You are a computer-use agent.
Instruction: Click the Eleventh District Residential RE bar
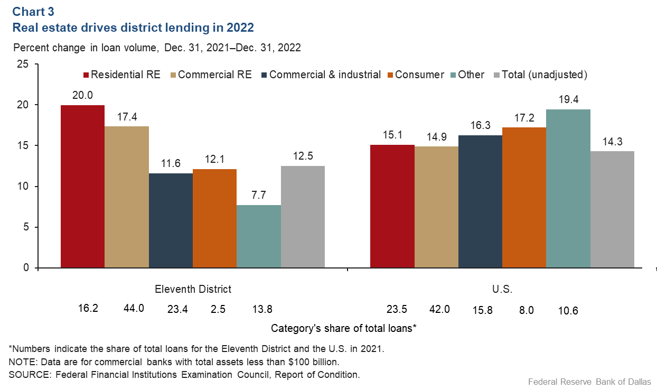tap(82, 187)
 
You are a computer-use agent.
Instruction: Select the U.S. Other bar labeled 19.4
tap(568, 189)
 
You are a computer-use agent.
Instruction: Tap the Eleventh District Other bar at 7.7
tap(259, 236)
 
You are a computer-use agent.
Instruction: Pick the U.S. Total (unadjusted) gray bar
tap(612, 209)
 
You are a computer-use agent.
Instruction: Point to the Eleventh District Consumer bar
tap(214, 218)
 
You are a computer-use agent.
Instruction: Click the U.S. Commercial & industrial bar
tap(480, 201)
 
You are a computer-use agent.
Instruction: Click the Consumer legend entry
tap(415, 75)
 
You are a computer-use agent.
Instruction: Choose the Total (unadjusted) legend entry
tap(540, 75)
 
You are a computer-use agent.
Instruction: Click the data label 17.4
tap(127, 116)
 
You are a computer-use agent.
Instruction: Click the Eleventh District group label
tap(193, 289)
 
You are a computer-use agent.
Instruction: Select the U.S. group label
tap(502, 289)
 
